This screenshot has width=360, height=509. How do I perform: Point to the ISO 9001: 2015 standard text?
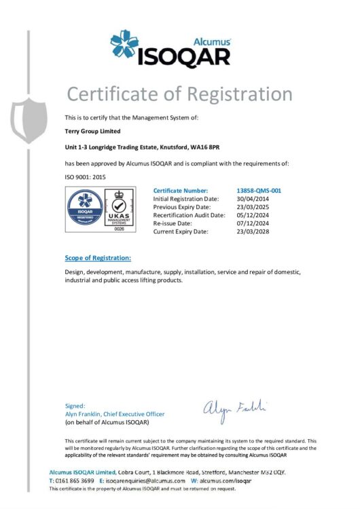click(86, 176)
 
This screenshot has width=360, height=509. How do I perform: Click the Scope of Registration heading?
click(98, 258)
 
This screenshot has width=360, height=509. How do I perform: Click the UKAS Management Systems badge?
click(120, 210)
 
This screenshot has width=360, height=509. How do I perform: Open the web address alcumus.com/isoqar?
click(226, 480)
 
